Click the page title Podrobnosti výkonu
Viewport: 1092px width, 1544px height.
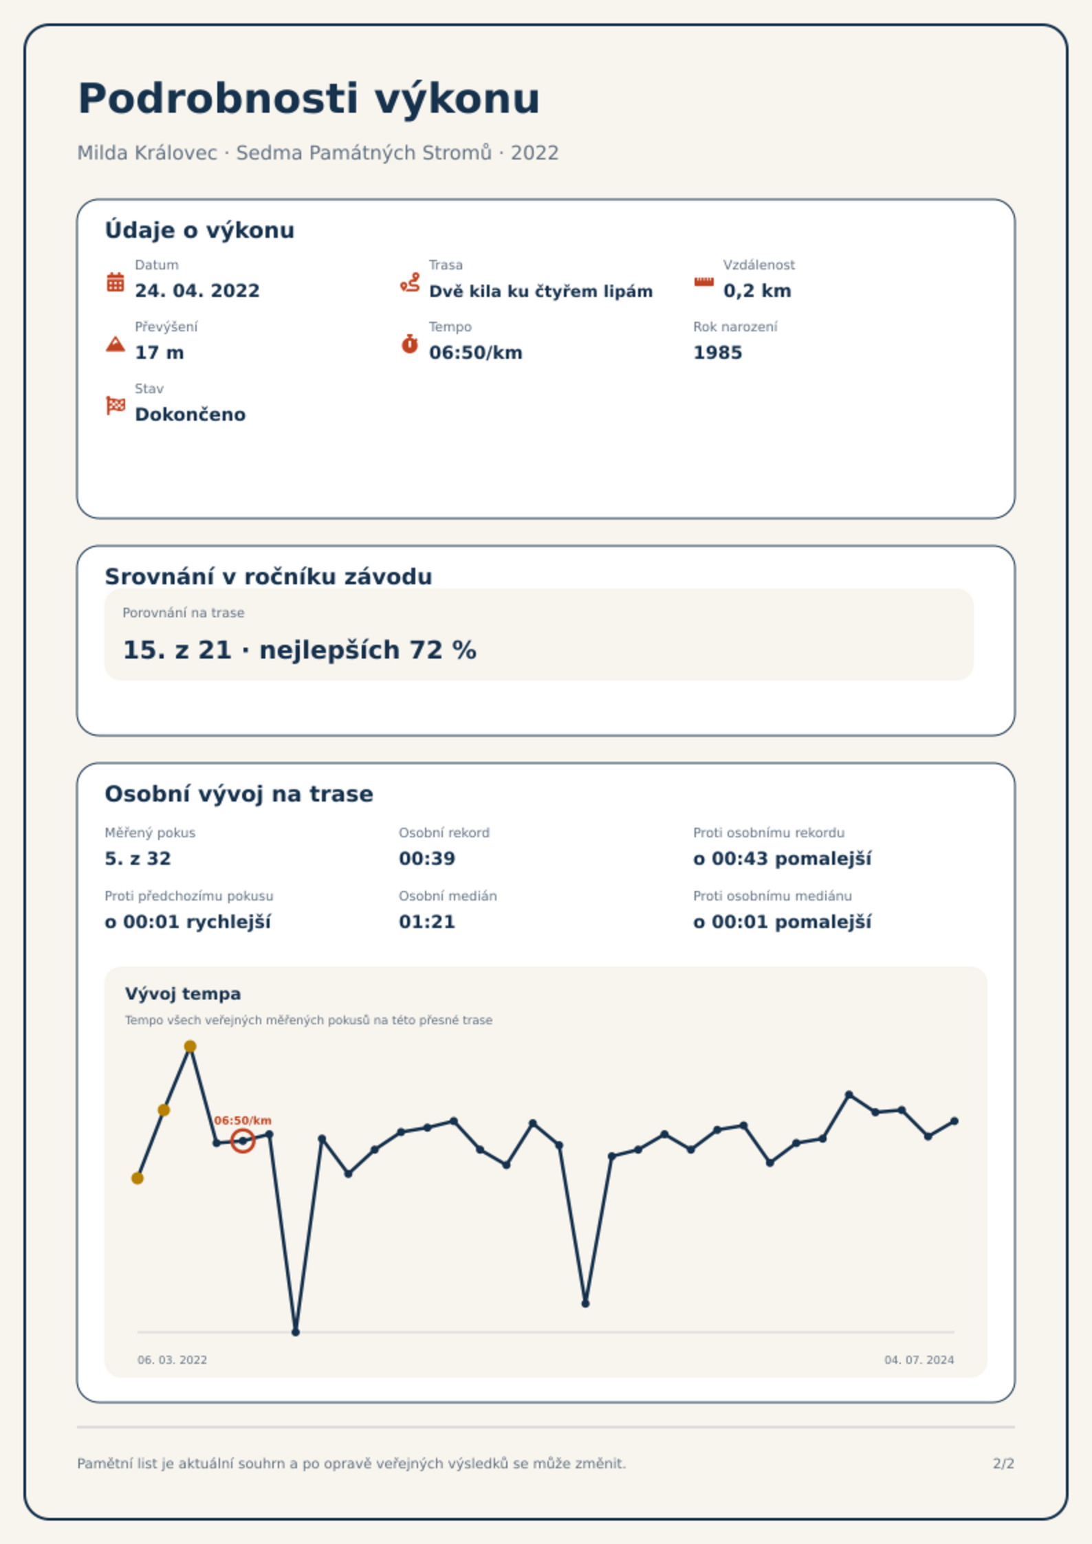[309, 98]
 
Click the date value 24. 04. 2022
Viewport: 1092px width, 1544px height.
[197, 291]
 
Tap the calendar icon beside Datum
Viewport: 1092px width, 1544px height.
[116, 282]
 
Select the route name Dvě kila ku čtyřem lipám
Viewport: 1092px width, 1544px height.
[540, 291]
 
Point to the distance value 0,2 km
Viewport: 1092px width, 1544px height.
[757, 291]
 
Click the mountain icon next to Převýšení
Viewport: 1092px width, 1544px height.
[116, 344]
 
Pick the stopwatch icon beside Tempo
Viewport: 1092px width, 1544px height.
[410, 344]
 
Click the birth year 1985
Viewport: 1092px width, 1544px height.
[718, 353]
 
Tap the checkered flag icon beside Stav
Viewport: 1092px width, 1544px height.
[116, 406]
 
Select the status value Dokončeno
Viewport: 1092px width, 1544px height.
[190, 415]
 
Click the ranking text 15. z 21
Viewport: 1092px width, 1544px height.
[177, 650]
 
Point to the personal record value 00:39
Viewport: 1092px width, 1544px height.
[427, 859]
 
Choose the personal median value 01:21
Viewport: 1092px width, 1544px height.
[427, 922]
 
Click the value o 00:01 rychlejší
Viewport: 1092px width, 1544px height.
[188, 922]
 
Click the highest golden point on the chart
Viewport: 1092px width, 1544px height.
[190, 1046]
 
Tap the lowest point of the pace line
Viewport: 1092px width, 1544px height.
[296, 1332]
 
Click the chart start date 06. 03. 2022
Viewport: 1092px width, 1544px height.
[172, 1360]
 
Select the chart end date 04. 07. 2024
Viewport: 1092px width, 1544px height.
[919, 1360]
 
